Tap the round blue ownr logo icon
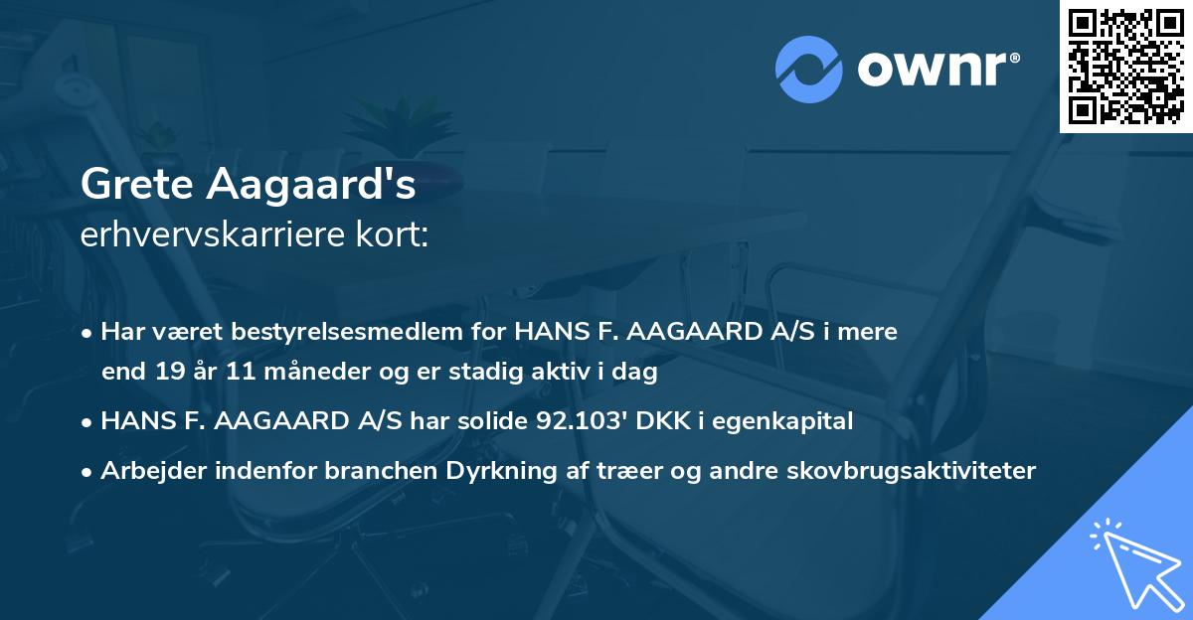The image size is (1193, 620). coord(808,70)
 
